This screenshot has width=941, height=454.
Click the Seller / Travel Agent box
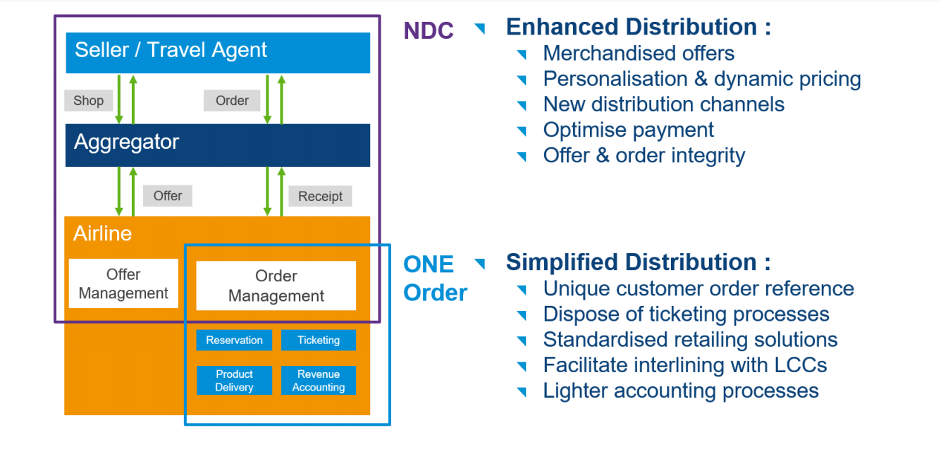[x=217, y=52]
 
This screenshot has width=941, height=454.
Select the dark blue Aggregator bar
[x=217, y=145]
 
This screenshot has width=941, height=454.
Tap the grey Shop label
[x=88, y=100]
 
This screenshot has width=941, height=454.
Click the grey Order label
[x=232, y=100]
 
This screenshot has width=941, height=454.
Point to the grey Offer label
[x=167, y=195]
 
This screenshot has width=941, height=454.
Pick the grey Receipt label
[x=320, y=196]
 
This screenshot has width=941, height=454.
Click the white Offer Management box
[x=123, y=283]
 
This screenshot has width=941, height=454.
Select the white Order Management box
[x=276, y=286]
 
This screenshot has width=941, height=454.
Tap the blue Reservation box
[x=234, y=340]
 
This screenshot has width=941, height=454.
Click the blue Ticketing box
[x=318, y=340]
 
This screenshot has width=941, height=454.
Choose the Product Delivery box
[x=234, y=380]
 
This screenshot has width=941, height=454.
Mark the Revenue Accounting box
[x=318, y=380]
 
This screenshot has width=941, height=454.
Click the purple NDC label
[x=428, y=30]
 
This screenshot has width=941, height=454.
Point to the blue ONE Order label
[x=434, y=278]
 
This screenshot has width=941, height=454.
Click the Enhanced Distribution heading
[x=638, y=27]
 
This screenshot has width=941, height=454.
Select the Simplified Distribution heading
[x=638, y=262]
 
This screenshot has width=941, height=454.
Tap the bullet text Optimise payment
[x=628, y=130]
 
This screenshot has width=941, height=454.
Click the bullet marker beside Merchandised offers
[x=522, y=54]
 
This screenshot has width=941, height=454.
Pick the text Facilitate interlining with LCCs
[x=684, y=364]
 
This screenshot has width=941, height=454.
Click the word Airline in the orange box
[x=102, y=233]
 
